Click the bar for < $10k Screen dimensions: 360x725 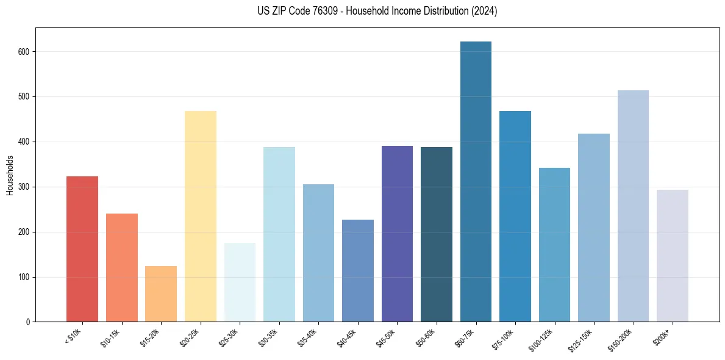(82, 249)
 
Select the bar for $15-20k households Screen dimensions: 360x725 (161, 294)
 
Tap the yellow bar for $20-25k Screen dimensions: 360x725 (201, 217)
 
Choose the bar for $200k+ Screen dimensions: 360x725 (673, 256)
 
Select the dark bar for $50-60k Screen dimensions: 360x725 (437, 234)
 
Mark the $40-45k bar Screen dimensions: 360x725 (358, 271)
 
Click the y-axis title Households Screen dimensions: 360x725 (10, 175)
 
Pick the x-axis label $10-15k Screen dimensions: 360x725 (111, 337)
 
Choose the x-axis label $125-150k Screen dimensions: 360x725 (580, 339)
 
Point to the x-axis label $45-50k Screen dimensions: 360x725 (386, 337)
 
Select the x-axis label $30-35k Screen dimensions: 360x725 (268, 337)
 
